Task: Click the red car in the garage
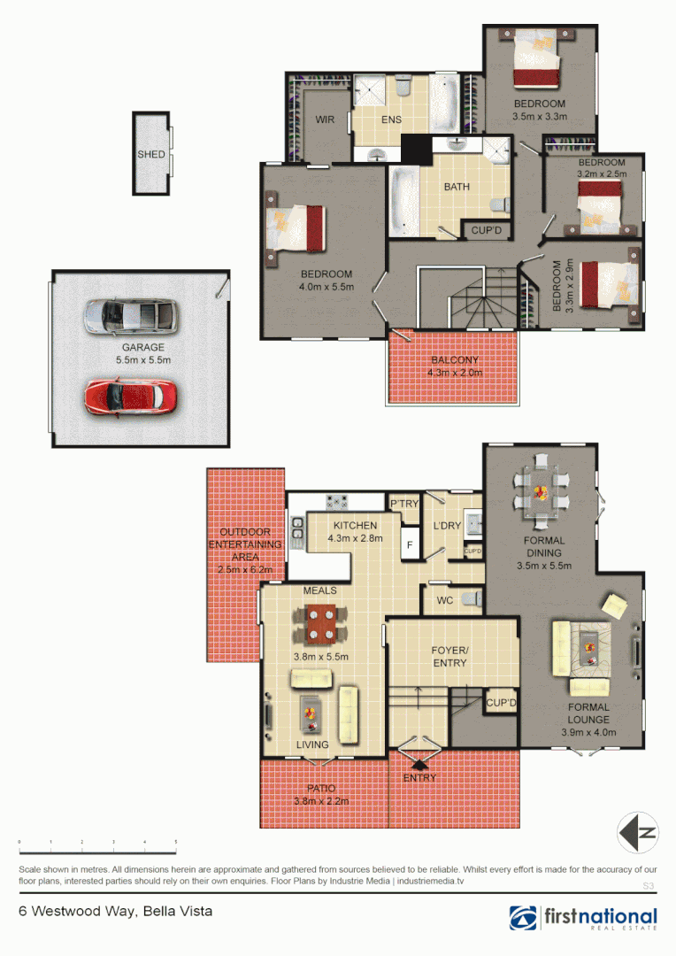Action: click(x=131, y=397)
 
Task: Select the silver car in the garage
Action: click(x=131, y=316)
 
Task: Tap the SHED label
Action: click(x=150, y=155)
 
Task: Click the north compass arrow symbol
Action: click(x=638, y=833)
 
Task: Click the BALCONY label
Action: click(x=456, y=360)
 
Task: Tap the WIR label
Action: click(x=324, y=120)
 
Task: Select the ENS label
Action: click(x=391, y=120)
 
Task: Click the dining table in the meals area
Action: click(x=320, y=623)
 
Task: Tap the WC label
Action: click(x=445, y=601)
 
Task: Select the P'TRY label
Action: click(x=404, y=504)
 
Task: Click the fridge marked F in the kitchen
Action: click(x=410, y=544)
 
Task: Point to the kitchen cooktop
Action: click(x=337, y=502)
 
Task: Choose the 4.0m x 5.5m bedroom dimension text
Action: click(x=326, y=287)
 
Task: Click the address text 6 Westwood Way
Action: click(x=115, y=911)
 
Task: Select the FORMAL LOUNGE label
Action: click(x=588, y=713)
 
